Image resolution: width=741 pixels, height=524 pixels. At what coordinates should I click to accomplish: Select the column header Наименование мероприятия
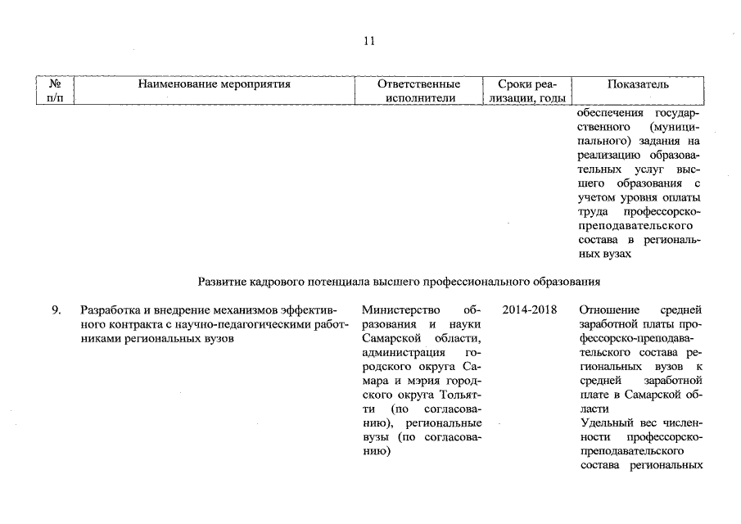coord(214,84)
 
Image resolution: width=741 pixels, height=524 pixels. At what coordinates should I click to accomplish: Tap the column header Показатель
coord(638,84)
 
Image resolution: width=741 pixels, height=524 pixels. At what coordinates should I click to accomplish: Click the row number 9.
coord(56,310)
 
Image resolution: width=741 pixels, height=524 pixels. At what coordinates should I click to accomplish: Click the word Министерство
coord(399,310)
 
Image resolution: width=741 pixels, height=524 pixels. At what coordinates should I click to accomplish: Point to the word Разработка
coord(109,310)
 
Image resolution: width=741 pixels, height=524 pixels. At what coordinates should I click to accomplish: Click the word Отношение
coord(608,310)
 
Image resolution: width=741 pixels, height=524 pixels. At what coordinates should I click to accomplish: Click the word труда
coord(592,212)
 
